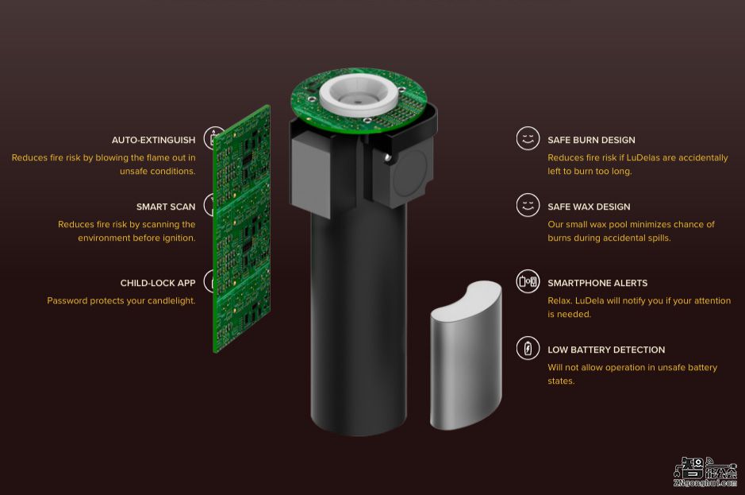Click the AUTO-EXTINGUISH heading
click(x=153, y=140)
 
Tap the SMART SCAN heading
click(x=166, y=207)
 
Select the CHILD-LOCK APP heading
click(x=158, y=283)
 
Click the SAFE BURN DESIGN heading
click(x=591, y=140)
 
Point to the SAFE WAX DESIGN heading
click(x=589, y=207)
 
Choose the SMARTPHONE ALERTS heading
click(x=597, y=283)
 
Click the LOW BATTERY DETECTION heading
click(x=606, y=350)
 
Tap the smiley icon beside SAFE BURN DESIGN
click(x=528, y=138)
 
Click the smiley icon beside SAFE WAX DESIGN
click(x=528, y=205)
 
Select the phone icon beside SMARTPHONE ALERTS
click(x=528, y=281)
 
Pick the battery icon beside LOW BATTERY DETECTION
click(x=528, y=348)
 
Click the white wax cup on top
click(x=359, y=95)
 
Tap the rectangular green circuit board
click(x=242, y=229)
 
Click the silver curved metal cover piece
click(x=466, y=355)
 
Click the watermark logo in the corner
click(x=705, y=472)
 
